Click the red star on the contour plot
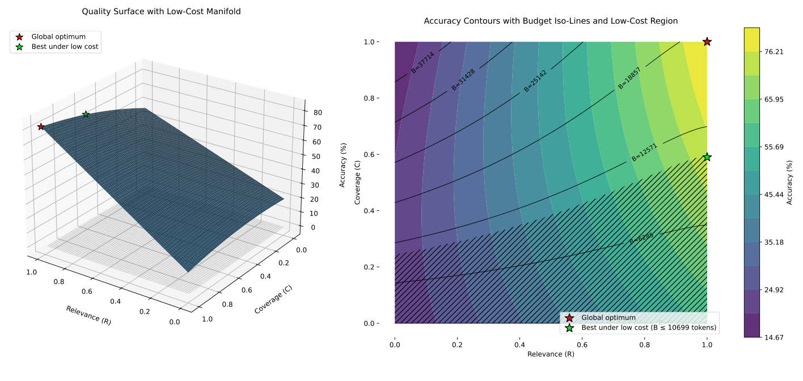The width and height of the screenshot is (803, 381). (x=707, y=41)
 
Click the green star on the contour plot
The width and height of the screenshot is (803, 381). (x=707, y=157)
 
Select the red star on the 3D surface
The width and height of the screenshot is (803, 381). (x=41, y=126)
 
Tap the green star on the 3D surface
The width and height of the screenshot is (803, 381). (x=86, y=115)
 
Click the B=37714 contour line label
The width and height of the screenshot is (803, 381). (x=422, y=62)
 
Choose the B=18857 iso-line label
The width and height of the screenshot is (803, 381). (x=629, y=78)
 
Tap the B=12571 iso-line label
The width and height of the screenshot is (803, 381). (x=644, y=153)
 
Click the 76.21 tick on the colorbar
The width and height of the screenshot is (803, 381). (x=775, y=52)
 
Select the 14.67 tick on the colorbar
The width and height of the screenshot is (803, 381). (x=775, y=337)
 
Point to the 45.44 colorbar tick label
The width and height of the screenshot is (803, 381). (x=775, y=194)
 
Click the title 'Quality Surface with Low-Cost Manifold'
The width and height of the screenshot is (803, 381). (x=161, y=11)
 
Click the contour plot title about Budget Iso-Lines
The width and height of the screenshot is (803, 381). (x=551, y=21)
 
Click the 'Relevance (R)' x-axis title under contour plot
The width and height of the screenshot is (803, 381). (x=551, y=354)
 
